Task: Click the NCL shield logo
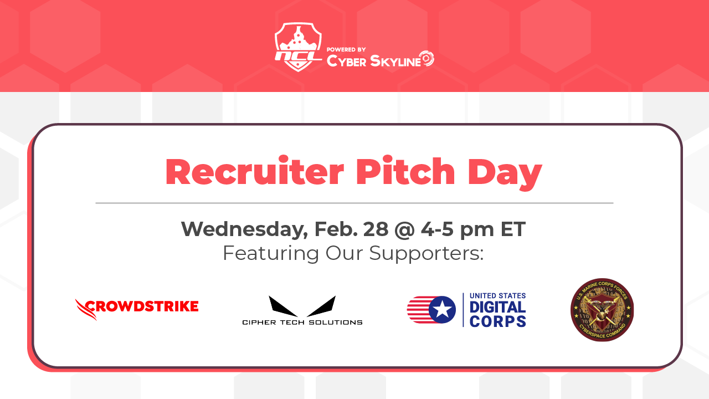click(298, 47)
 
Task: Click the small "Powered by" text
click(346, 49)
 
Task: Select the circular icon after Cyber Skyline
click(427, 59)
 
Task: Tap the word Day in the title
click(505, 173)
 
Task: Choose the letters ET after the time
click(513, 229)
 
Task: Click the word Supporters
click(427, 253)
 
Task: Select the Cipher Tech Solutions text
click(302, 322)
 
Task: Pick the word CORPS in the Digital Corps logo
click(497, 321)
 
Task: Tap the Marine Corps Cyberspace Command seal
click(602, 310)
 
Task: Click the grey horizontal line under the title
click(354, 203)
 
